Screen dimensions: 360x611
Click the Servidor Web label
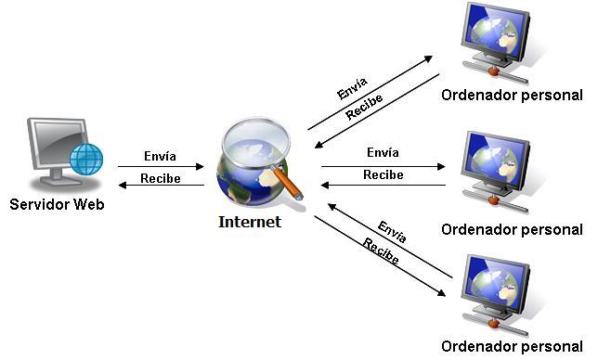pos(56,203)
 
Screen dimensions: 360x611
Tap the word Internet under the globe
pos(249,222)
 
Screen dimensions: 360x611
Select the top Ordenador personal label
pos(512,95)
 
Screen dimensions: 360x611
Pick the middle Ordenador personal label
pos(512,229)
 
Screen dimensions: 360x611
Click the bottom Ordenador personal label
pos(512,347)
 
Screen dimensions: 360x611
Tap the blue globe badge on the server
pos(86,160)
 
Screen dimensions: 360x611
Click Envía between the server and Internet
pos(160,156)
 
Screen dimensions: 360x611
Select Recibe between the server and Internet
pos(160,177)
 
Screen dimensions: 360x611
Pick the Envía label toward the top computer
pos(353,90)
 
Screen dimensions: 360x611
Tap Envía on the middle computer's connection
pos(383,152)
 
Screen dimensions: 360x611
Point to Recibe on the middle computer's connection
pos(383,174)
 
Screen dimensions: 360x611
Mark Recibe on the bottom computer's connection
pos(381,252)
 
